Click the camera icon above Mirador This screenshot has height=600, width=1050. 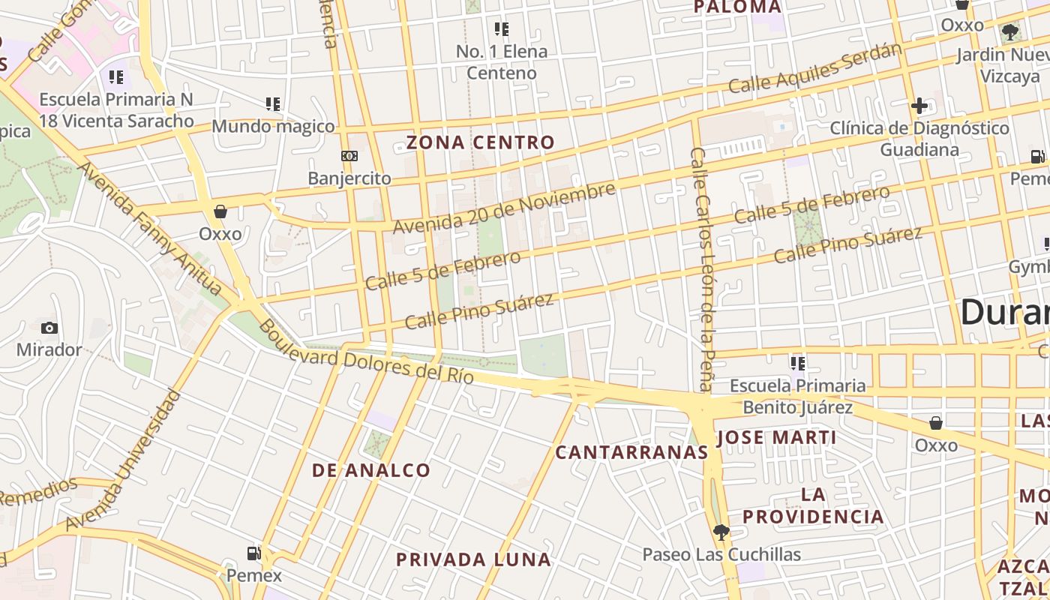49,328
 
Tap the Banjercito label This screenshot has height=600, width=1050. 349,178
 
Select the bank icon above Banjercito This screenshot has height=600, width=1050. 349,156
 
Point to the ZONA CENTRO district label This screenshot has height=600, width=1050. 481,142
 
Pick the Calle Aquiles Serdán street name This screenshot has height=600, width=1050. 814,68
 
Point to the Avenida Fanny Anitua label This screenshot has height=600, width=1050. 150,229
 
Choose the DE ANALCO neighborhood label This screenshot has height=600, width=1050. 371,471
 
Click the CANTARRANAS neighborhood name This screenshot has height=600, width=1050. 631,452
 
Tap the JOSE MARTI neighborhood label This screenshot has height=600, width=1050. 776,438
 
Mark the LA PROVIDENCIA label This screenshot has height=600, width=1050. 814,505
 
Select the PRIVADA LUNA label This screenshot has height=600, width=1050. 474,559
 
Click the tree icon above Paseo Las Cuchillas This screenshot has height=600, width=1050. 721,532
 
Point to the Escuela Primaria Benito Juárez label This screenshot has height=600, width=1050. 798,397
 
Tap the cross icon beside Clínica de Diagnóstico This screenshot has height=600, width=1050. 919,106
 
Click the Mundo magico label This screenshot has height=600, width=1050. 273,126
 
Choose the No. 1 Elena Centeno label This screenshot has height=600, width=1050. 502,62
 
